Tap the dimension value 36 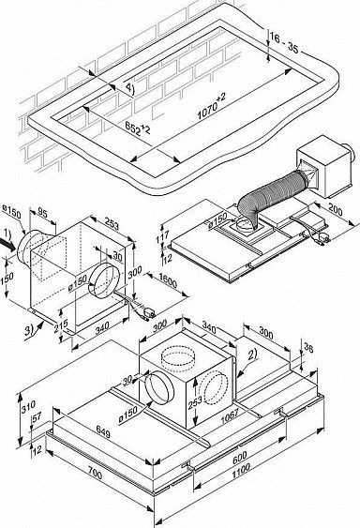point(336,345)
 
